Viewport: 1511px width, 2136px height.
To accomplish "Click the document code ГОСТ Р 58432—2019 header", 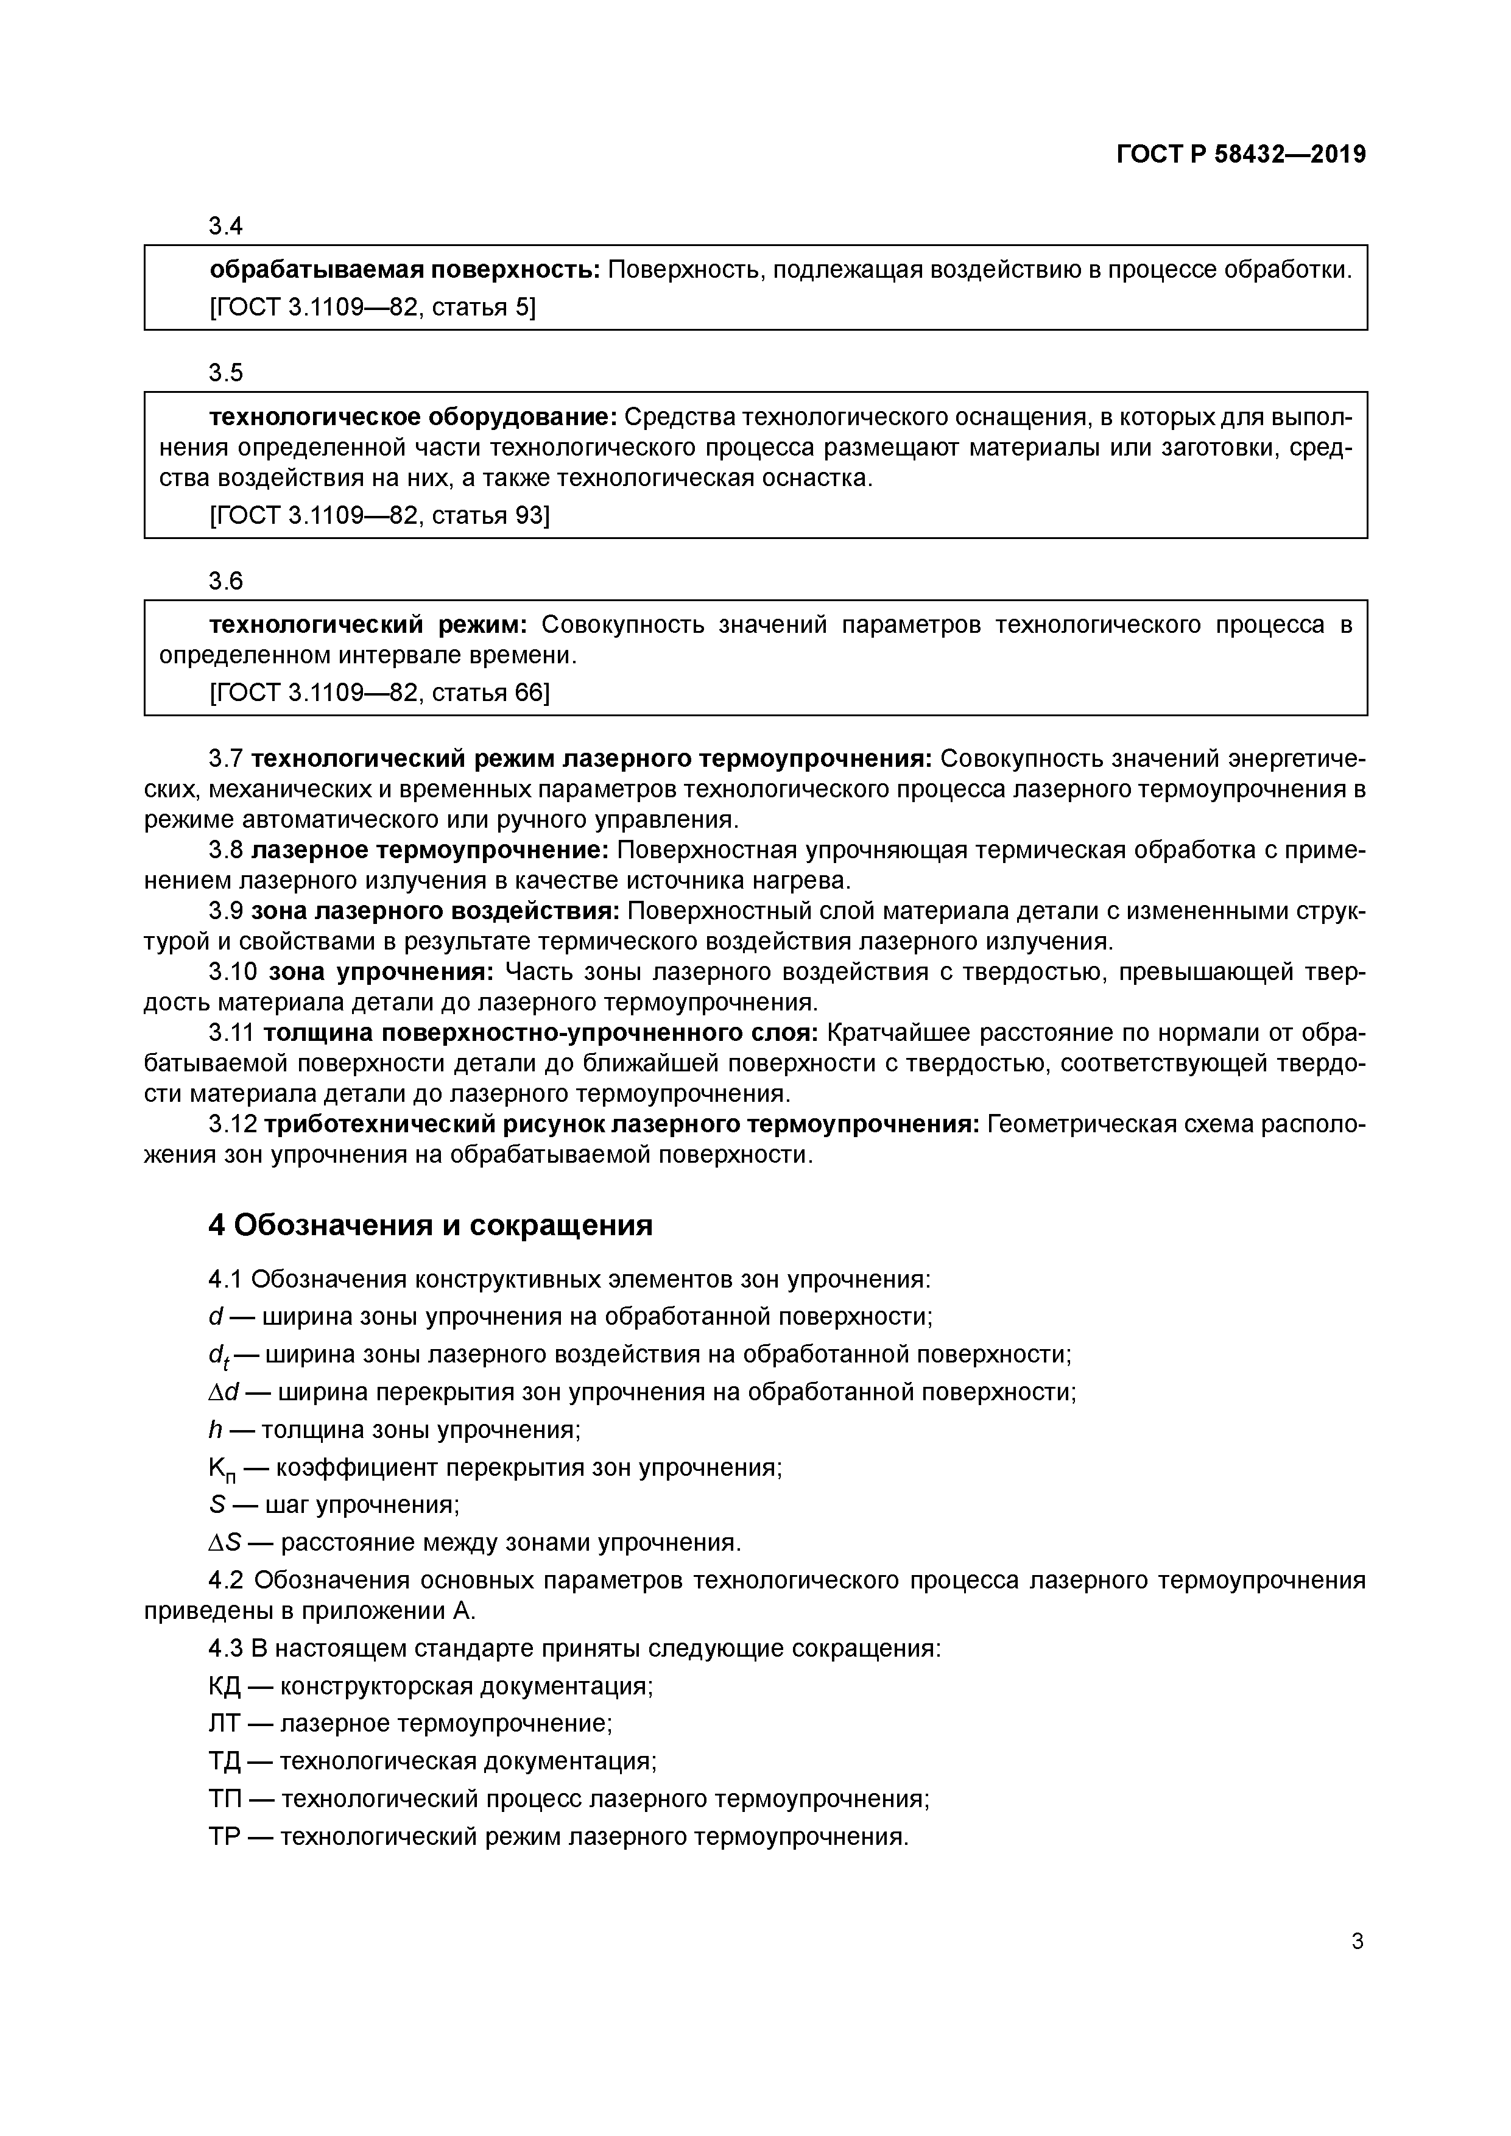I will [1241, 155].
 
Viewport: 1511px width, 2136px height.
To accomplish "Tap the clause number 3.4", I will [226, 226].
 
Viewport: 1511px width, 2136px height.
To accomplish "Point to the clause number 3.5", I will [226, 373].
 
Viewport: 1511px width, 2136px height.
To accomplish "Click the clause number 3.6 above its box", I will [226, 582].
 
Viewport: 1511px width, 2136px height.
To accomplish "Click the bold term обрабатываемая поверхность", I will [405, 270].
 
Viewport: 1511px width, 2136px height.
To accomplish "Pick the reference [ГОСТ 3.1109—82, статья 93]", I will [379, 515].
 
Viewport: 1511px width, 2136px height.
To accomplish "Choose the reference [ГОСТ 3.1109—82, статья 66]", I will [379, 692].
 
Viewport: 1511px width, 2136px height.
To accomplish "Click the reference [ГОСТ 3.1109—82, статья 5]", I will [372, 307].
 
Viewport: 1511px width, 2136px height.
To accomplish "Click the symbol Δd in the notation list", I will [224, 1393].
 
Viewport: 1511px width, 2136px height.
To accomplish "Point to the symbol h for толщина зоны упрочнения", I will [215, 1430].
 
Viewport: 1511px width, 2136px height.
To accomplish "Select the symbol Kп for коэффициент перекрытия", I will [222, 1470].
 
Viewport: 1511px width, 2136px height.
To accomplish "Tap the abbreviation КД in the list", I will [224, 1687].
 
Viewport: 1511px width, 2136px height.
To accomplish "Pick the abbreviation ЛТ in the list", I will [224, 1724].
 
